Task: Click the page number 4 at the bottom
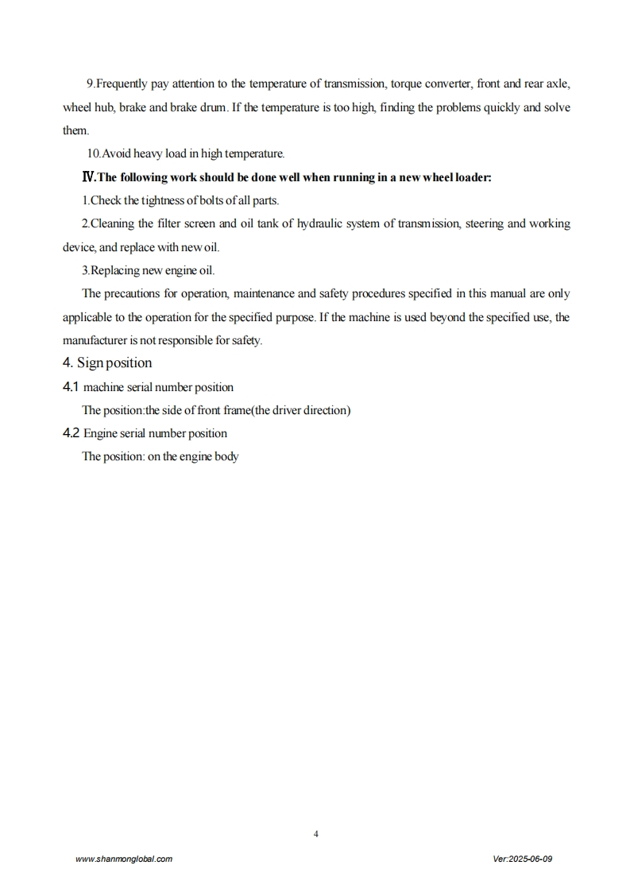316,834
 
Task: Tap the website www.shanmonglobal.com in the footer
123,859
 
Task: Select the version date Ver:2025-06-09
522,859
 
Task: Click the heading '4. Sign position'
107,363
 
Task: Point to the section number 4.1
71,387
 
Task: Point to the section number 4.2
71,433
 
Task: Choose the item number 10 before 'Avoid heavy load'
93,153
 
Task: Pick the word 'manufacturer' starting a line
99,340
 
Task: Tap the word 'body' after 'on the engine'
226,457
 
